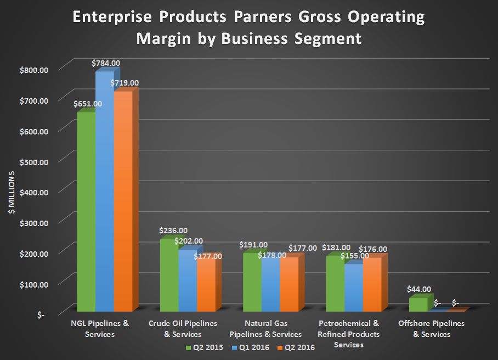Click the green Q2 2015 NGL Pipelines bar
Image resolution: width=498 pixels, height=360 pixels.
tap(86, 211)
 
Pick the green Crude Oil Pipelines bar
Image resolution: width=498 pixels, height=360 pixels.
tap(169, 275)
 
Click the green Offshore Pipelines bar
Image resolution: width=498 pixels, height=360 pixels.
tap(418, 305)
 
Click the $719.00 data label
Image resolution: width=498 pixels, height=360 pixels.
tap(126, 83)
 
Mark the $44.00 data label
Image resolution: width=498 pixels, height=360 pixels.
tap(419, 289)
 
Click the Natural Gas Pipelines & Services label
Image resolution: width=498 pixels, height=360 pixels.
tap(273, 329)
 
